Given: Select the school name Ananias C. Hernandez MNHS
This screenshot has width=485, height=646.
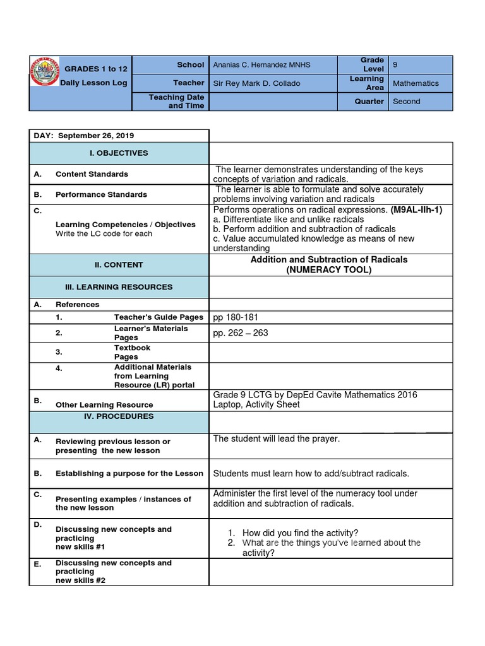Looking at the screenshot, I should pyautogui.click(x=261, y=64).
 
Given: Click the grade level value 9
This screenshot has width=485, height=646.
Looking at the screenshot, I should pyautogui.click(x=395, y=64).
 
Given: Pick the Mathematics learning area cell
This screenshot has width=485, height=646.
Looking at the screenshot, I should pyautogui.click(x=415, y=83).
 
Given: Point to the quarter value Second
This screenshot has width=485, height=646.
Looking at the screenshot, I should pyautogui.click(x=406, y=102).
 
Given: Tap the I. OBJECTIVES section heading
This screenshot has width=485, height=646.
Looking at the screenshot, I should pyautogui.click(x=119, y=153).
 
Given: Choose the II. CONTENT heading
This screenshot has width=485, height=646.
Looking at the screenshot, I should pyautogui.click(x=119, y=265).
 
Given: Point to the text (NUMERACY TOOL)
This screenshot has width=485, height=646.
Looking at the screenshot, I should pyautogui.click(x=329, y=270).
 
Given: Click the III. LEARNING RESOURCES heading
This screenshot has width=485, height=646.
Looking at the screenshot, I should pyautogui.click(x=119, y=287).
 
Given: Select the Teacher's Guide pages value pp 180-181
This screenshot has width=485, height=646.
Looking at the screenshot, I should pyautogui.click(x=236, y=317).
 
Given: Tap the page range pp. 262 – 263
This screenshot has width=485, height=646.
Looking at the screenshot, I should pyautogui.click(x=241, y=333).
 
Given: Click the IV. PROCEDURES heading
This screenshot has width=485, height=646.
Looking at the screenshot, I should pyautogui.click(x=119, y=416).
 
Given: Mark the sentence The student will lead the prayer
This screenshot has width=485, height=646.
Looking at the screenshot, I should pyautogui.click(x=277, y=438).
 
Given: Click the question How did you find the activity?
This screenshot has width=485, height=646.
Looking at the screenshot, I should pyautogui.click(x=300, y=533).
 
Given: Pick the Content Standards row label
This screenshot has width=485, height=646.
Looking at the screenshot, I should pyautogui.click(x=92, y=174).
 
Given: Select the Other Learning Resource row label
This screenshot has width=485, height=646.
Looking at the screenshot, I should pyautogui.click(x=104, y=405).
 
